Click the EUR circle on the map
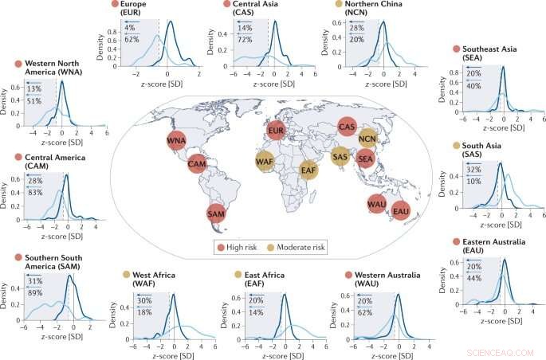(x=276, y=129)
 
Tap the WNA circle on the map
(x=177, y=141)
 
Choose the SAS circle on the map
(x=340, y=156)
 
